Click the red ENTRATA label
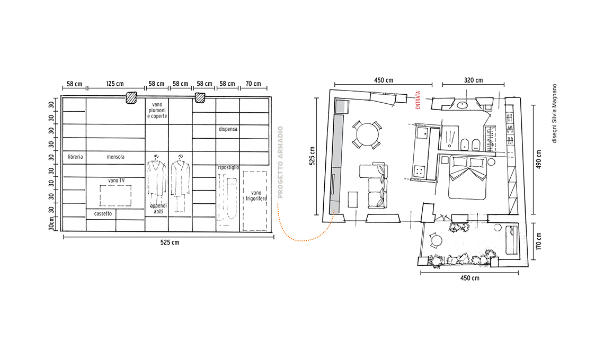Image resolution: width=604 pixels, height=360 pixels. (x=418, y=101)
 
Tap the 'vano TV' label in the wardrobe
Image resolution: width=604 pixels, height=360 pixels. (x=117, y=180)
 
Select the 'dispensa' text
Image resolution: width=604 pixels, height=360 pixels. (x=228, y=129)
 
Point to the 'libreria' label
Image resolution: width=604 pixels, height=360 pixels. (x=75, y=157)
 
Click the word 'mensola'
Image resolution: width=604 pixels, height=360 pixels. (x=116, y=157)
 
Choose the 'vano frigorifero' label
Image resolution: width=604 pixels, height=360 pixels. (x=256, y=195)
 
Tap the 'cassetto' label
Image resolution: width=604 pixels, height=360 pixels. (x=103, y=214)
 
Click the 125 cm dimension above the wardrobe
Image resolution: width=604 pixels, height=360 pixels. (x=115, y=84)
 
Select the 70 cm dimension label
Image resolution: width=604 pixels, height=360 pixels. (x=253, y=84)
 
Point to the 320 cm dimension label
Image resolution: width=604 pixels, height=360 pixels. (x=474, y=80)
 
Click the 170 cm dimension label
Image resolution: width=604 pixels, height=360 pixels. (x=538, y=241)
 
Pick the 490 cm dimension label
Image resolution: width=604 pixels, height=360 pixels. (x=538, y=159)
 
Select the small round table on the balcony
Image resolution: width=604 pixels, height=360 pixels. (x=437, y=241)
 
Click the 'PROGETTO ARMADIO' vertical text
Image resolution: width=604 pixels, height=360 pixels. (x=280, y=162)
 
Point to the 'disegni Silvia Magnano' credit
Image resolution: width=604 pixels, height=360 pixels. (x=554, y=114)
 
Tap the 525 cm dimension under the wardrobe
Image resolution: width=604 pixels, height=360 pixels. (x=170, y=242)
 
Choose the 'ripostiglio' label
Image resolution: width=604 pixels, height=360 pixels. (x=228, y=167)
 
